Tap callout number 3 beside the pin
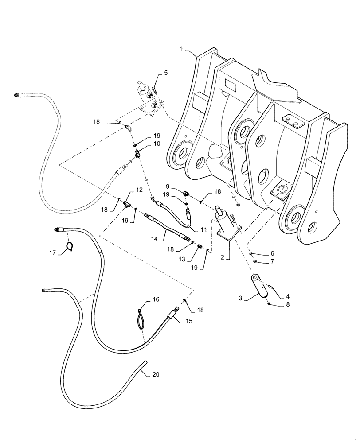pyautogui.click(x=241, y=298)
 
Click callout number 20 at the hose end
pyautogui.click(x=155, y=374)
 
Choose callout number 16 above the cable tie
pyautogui.click(x=156, y=299)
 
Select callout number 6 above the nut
pyautogui.click(x=272, y=253)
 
